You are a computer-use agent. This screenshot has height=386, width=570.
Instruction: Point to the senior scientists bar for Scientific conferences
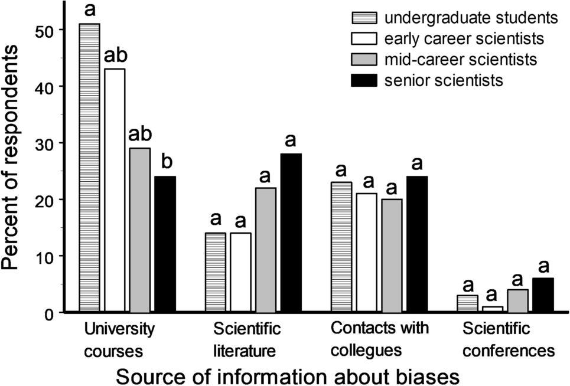click(543, 295)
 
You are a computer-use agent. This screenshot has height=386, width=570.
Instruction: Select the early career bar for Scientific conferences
click(492, 309)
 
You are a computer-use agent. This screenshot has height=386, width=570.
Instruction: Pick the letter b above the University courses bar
click(165, 162)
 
